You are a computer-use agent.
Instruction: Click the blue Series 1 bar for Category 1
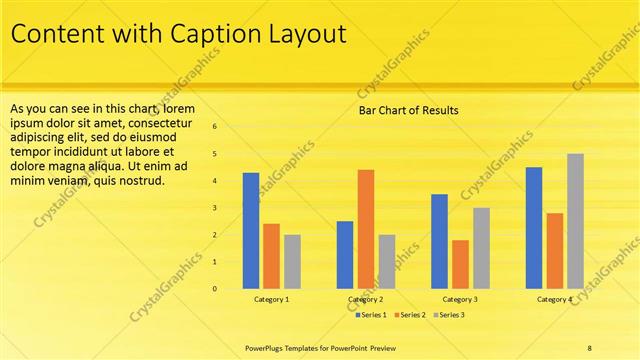pyautogui.click(x=251, y=231)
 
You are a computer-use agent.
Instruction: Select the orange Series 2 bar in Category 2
pyautogui.click(x=366, y=229)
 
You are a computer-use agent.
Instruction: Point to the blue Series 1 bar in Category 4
pyautogui.click(x=534, y=228)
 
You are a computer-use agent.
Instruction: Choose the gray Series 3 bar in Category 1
pyautogui.click(x=292, y=262)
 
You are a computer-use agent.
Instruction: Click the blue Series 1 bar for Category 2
pyautogui.click(x=345, y=255)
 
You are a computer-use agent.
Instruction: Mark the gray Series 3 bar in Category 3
pyautogui.click(x=481, y=248)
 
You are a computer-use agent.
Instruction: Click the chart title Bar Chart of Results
pyautogui.click(x=408, y=110)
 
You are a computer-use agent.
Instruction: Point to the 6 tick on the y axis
pyautogui.click(x=214, y=127)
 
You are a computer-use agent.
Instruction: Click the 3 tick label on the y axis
pyautogui.click(x=214, y=208)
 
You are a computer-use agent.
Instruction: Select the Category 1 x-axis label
pyautogui.click(x=271, y=299)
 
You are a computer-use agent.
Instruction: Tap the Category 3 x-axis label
pyautogui.click(x=460, y=299)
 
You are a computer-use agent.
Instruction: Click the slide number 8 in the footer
pyautogui.click(x=590, y=347)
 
